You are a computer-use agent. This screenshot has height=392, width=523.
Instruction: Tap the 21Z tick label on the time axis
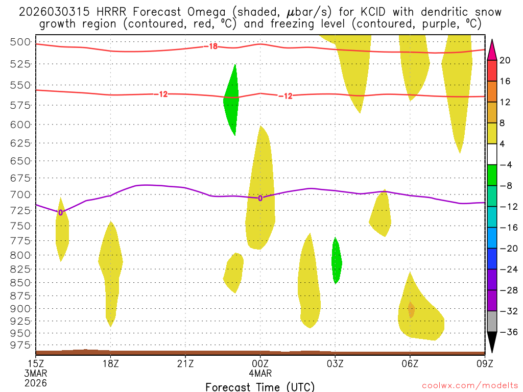(x=185, y=363)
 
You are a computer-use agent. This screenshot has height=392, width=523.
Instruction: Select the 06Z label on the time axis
(x=410, y=363)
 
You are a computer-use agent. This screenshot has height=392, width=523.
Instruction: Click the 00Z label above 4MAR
(x=260, y=363)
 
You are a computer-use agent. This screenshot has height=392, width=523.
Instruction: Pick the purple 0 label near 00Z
(x=260, y=198)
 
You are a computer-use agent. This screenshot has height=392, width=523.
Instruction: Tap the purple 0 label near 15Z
(x=61, y=212)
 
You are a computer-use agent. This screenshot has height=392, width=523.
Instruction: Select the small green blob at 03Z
(x=336, y=261)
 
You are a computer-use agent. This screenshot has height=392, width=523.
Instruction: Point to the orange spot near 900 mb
(x=411, y=309)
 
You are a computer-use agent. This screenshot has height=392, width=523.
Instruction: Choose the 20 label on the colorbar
(x=505, y=60)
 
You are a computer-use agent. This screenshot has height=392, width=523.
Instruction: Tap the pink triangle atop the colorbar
(x=492, y=50)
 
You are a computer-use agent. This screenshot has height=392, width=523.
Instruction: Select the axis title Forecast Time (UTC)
(x=260, y=386)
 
